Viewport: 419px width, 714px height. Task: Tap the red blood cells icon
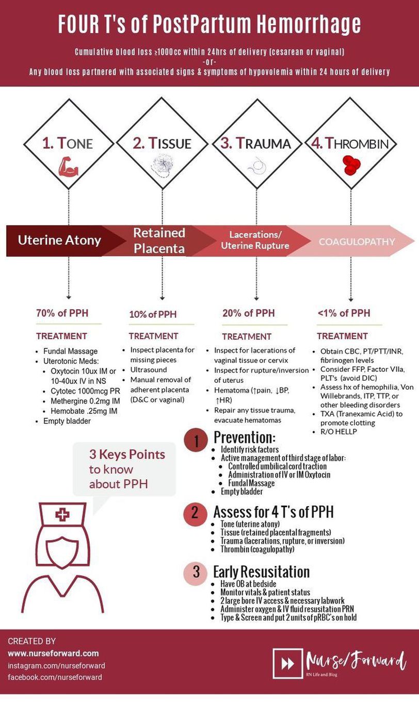tap(351, 166)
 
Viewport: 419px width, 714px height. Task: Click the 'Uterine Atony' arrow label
tap(60, 240)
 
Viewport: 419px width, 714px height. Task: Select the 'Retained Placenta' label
tap(159, 240)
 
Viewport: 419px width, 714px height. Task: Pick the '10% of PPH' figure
tap(153, 314)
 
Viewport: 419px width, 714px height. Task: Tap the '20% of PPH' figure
tap(248, 313)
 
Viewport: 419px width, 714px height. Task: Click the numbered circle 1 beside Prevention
tap(196, 442)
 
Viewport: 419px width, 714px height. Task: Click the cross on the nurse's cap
tap(63, 514)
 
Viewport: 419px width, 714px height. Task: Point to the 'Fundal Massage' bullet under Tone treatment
tap(70, 351)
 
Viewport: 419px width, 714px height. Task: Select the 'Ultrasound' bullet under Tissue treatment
tap(148, 370)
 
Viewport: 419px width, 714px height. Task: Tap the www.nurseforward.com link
tap(53, 653)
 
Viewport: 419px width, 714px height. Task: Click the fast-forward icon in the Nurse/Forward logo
tap(285, 663)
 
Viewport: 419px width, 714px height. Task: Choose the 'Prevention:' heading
tap(245, 437)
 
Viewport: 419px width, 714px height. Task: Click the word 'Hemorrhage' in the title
tap(303, 24)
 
